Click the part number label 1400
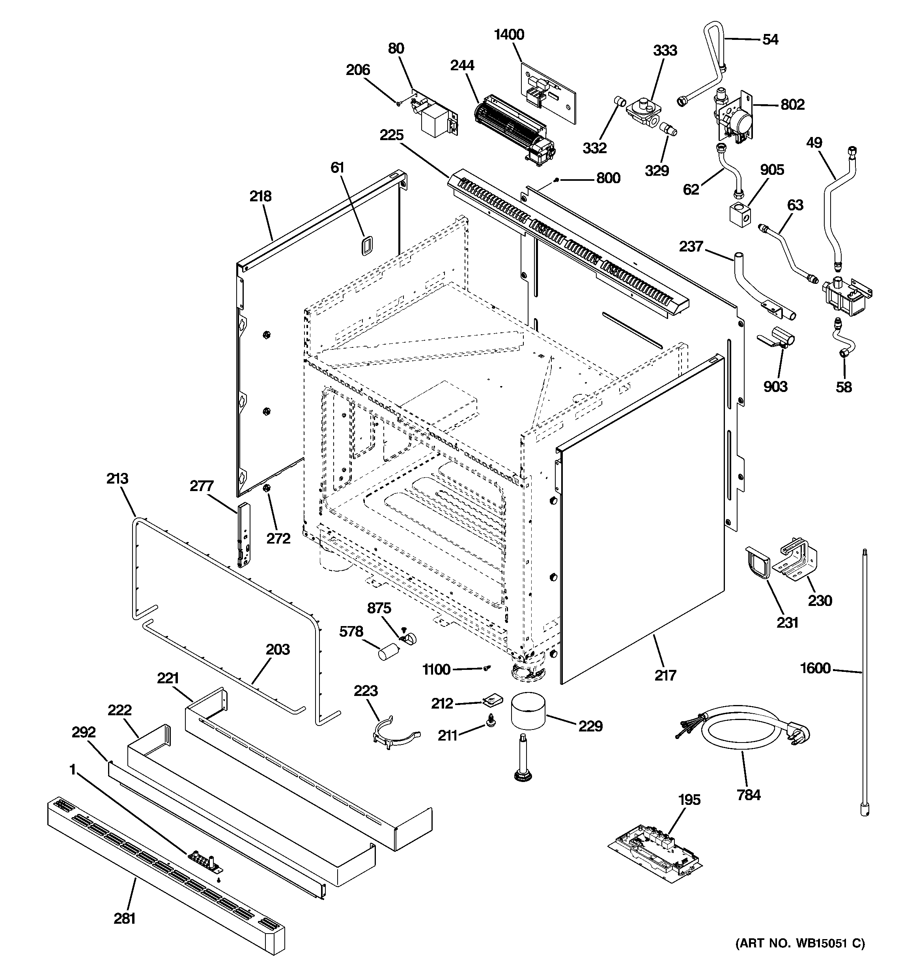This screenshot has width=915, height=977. pos(509,34)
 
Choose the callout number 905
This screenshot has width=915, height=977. pos(772,170)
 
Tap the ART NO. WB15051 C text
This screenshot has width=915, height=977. pos(800,943)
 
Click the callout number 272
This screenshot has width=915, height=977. pos(278,538)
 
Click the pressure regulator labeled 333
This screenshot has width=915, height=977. pos(643,113)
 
